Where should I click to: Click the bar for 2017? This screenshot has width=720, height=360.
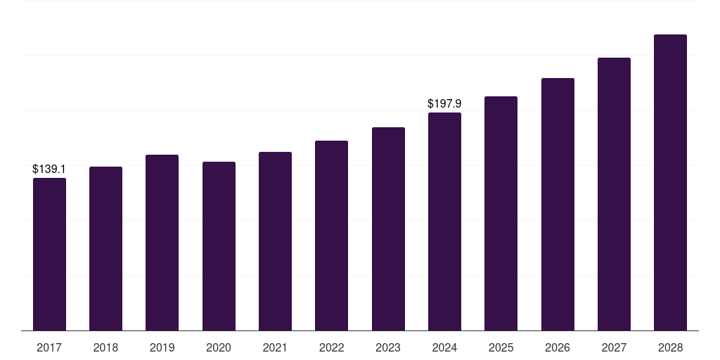point(49,254)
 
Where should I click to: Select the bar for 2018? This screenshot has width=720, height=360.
point(105,248)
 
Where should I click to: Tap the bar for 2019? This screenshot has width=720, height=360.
point(162,243)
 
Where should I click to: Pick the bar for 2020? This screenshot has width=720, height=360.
point(219,246)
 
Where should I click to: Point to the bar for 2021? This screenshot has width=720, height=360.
point(275,241)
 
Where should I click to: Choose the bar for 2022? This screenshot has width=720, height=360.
point(331,236)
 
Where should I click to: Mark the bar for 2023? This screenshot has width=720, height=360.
point(388,229)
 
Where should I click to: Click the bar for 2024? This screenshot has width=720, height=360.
point(444,221)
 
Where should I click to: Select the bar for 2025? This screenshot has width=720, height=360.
point(501,213)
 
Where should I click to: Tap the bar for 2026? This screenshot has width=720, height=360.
point(558,204)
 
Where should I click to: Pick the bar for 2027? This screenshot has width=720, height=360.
point(614,194)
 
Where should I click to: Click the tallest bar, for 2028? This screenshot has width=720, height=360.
point(670,182)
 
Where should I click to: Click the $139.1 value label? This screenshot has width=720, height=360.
point(49,169)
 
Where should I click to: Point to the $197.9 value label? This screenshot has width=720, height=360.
point(444,104)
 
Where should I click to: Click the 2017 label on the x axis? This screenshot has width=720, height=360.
point(49,347)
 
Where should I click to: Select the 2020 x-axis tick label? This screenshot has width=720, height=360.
point(219,347)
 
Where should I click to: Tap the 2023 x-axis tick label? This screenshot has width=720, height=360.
point(388,347)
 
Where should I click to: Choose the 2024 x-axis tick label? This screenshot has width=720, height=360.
point(444,347)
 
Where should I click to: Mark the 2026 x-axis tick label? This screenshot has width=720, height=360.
point(558,347)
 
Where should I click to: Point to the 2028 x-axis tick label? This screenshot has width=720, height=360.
point(670,347)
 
